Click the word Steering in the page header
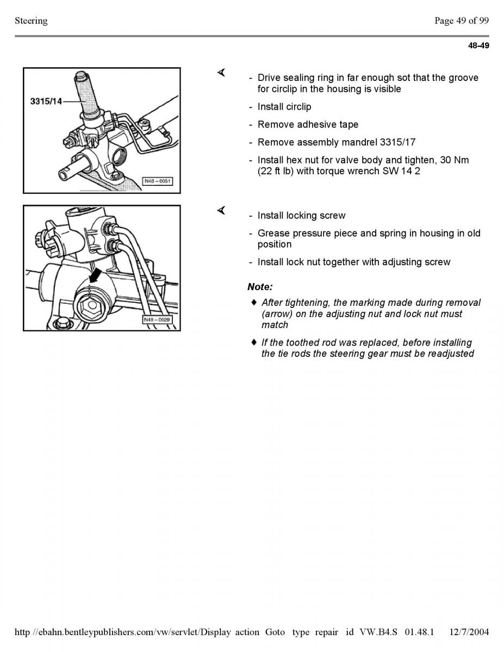pyautogui.click(x=31, y=21)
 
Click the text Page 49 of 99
pyautogui.click(x=461, y=21)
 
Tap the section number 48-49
pyautogui.click(x=478, y=46)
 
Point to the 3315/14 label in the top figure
pyautogui.click(x=46, y=102)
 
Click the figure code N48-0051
pyautogui.click(x=158, y=181)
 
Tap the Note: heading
pyautogui.click(x=260, y=287)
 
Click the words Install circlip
pyautogui.click(x=284, y=107)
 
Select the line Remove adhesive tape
pyautogui.click(x=308, y=125)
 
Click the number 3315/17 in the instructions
pyautogui.click(x=397, y=142)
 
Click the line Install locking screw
pyautogui.click(x=301, y=216)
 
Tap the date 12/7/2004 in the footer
pyautogui.click(x=469, y=632)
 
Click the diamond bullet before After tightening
pyautogui.click(x=253, y=302)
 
